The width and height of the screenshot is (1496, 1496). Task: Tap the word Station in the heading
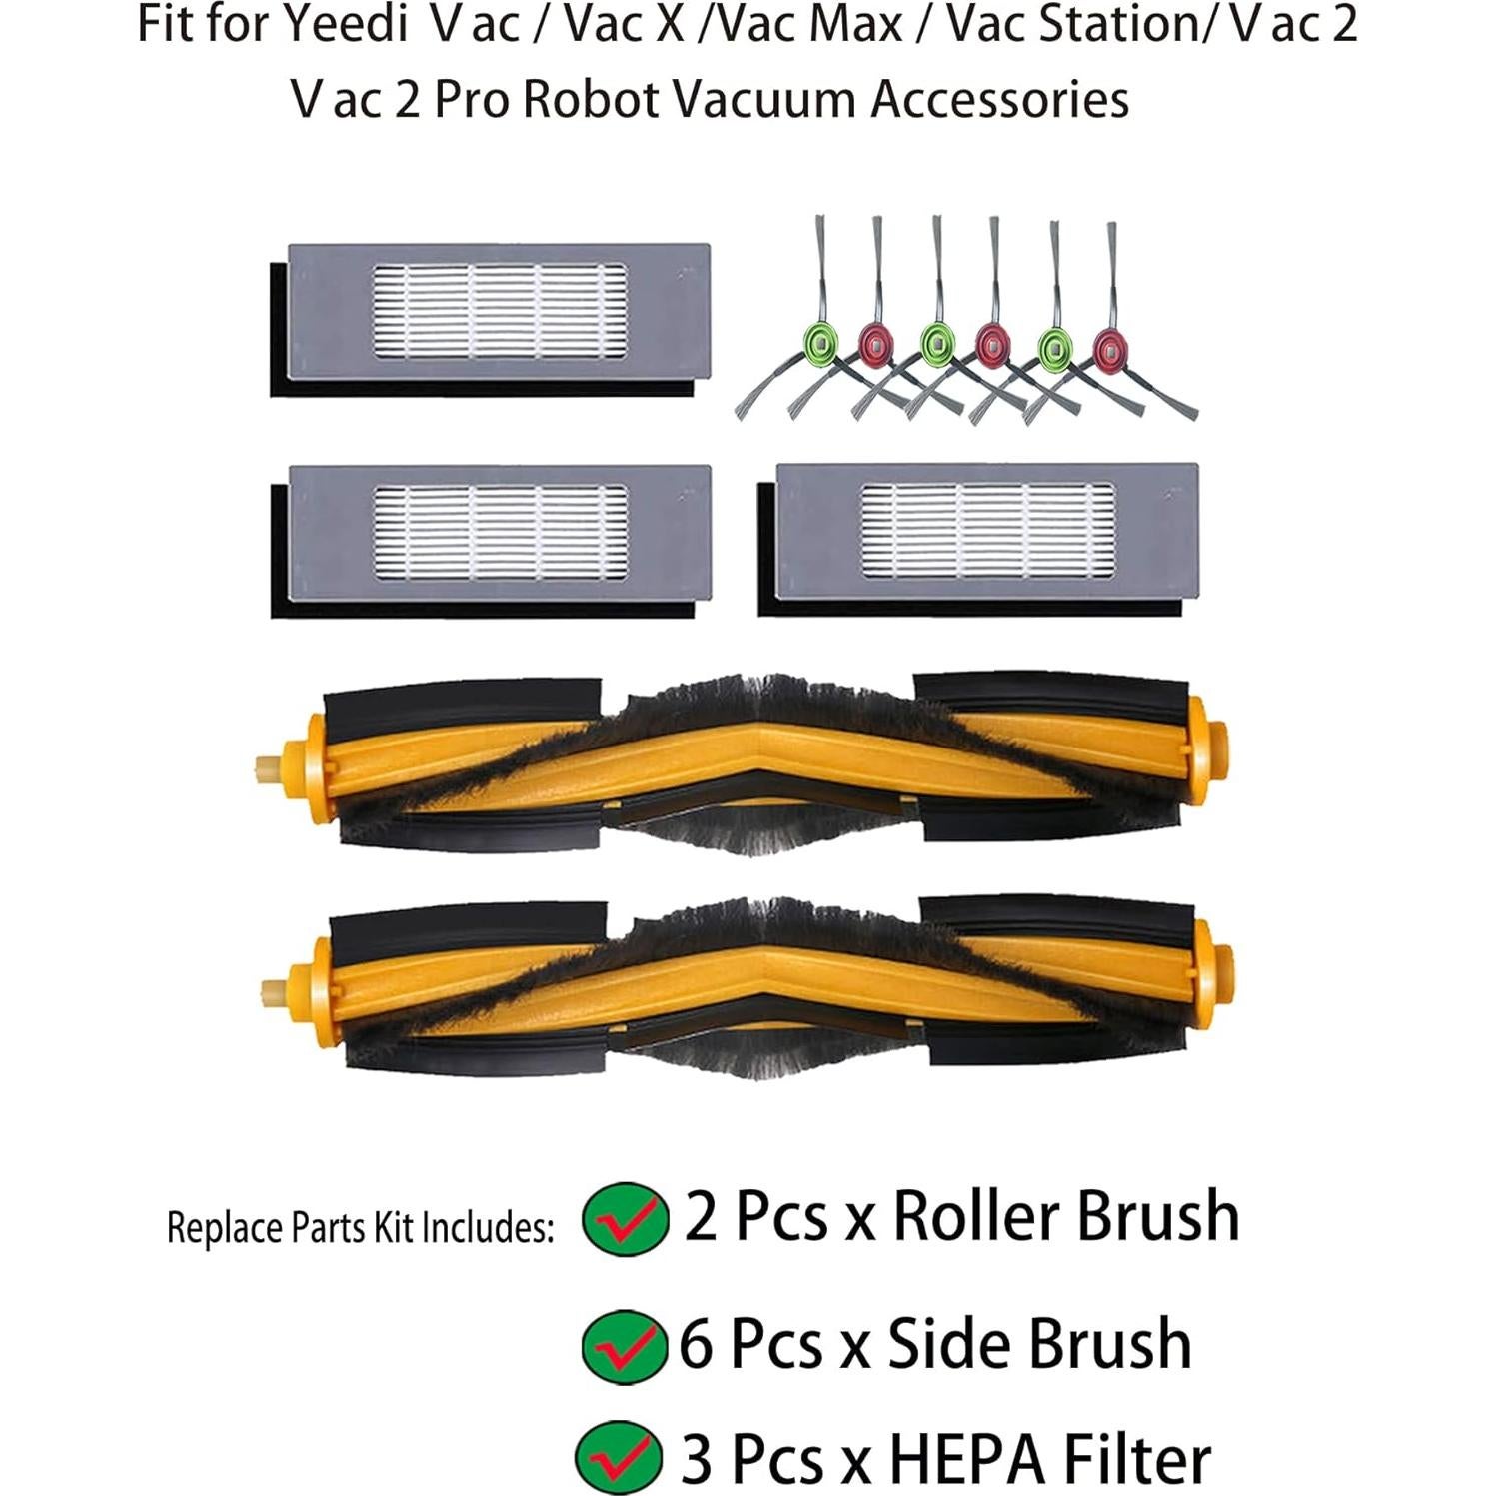click(1115, 24)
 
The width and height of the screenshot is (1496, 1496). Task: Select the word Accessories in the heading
click(999, 99)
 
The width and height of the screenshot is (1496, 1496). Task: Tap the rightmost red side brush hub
click(1107, 348)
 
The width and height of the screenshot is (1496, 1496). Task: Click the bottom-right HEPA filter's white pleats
click(987, 532)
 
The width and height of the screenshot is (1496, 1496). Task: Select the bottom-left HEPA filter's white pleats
click(500, 533)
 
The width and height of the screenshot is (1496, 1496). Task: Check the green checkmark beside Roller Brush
click(625, 1218)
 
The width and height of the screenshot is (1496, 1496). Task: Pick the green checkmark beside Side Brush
click(624, 1346)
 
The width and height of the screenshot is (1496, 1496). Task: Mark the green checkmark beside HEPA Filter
click(619, 1457)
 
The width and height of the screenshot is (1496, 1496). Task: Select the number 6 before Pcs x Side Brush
click(697, 1344)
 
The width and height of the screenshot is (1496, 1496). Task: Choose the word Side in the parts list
click(949, 1344)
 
